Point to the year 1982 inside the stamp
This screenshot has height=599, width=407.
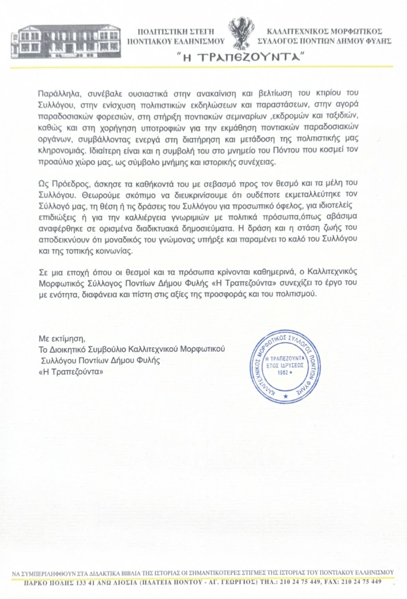pyautogui.click(x=282, y=372)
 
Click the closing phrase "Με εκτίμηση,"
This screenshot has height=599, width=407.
pyautogui.click(x=62, y=338)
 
